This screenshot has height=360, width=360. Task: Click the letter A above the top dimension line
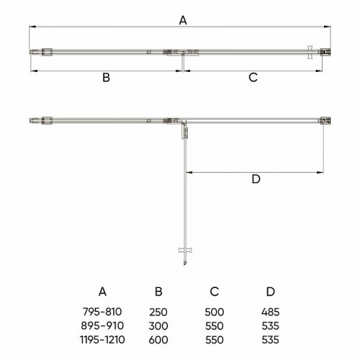183,20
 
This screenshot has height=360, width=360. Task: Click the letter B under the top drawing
106,78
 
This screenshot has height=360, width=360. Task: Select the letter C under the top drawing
253,78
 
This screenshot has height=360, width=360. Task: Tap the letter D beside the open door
256,179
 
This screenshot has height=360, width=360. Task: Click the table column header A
102,292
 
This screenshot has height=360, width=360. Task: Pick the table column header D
271,292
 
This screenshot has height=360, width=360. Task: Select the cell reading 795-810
102,312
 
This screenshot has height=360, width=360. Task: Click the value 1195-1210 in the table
102,340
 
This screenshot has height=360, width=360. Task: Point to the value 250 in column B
158,312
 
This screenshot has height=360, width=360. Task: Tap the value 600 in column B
158,340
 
